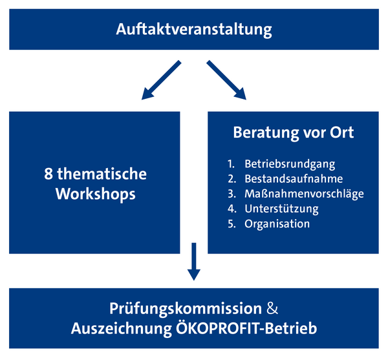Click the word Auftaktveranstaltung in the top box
[x=194, y=30]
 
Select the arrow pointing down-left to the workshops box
[x=161, y=80]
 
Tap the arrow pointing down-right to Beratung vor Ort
[x=226, y=80]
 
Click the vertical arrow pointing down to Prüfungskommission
[x=194, y=262]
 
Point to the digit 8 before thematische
[x=48, y=174]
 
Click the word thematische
[x=102, y=174]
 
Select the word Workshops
[x=96, y=194]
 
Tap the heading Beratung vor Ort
[x=294, y=132]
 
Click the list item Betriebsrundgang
[x=290, y=164]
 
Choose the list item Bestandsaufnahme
[x=294, y=179]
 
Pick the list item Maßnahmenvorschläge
[x=304, y=194]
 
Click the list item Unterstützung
[x=281, y=209]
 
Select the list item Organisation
[x=277, y=224]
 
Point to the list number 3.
[x=232, y=194]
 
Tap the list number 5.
[x=232, y=224]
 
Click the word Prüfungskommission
[x=186, y=308]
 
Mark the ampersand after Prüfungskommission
[x=272, y=309]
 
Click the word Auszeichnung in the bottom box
[x=122, y=329]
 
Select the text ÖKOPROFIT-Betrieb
[x=246, y=328]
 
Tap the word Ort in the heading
[x=341, y=132]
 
